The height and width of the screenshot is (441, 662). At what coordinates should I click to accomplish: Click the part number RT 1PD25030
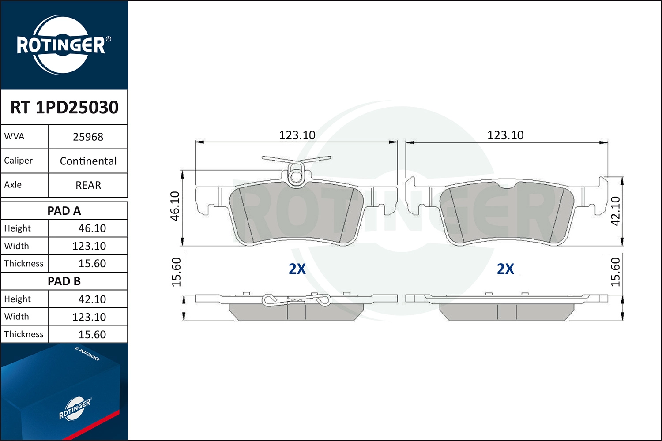(x=64, y=107)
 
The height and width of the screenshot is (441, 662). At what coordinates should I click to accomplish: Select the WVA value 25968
(x=88, y=137)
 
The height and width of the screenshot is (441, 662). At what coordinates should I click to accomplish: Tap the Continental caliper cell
(x=88, y=161)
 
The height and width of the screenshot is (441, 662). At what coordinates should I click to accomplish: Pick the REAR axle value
(x=88, y=185)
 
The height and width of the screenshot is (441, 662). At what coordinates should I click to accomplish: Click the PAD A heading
(x=64, y=211)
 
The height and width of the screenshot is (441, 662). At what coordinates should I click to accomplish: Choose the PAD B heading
(x=64, y=281)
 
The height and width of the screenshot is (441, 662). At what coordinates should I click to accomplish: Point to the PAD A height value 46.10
(x=92, y=228)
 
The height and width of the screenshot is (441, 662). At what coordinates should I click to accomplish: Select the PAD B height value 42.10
(x=92, y=299)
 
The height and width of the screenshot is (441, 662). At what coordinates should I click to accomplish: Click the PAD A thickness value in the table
(x=92, y=263)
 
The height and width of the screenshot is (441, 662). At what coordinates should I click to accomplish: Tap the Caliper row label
(x=18, y=161)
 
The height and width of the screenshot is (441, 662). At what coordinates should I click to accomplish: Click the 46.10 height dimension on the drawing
(x=175, y=206)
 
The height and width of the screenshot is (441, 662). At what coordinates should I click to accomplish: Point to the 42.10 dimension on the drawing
(x=615, y=211)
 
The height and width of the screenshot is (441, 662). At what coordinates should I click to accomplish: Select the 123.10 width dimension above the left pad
(x=297, y=135)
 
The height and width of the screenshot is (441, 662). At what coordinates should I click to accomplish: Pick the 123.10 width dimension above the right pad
(x=505, y=135)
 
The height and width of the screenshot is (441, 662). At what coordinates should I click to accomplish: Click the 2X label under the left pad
(x=297, y=269)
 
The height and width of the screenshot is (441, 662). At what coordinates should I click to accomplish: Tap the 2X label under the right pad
(x=505, y=269)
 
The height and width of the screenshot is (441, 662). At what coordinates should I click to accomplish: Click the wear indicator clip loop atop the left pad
(x=295, y=176)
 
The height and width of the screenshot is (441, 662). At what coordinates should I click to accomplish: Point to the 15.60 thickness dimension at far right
(x=615, y=272)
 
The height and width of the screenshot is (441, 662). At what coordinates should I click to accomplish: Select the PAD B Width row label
(x=16, y=317)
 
